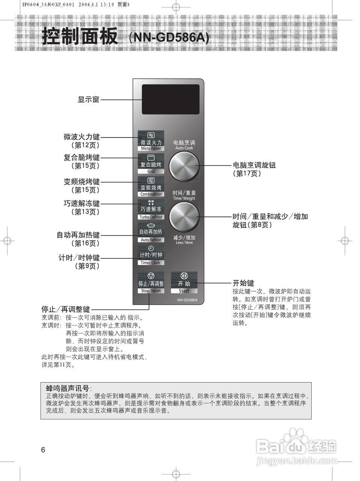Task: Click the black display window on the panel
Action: point(170,99)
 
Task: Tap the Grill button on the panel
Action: point(151,164)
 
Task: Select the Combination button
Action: point(151,187)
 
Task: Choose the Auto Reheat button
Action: point(151,233)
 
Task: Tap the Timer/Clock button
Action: point(151,256)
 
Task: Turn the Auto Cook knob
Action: point(184,165)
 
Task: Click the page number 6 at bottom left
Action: point(43,450)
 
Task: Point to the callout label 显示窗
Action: point(89,100)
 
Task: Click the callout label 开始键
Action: point(243,283)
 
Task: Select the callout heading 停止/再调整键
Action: point(66,309)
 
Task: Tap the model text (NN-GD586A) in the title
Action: point(169,38)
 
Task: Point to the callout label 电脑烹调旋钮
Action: point(254,165)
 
